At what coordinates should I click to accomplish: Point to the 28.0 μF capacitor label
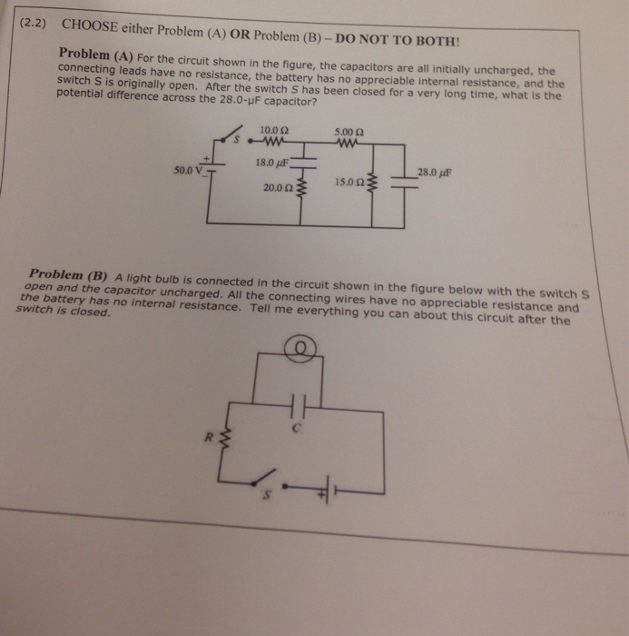[x=434, y=171]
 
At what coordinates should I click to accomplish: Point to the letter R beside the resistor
[x=207, y=438]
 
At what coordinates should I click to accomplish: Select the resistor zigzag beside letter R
[x=223, y=442]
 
